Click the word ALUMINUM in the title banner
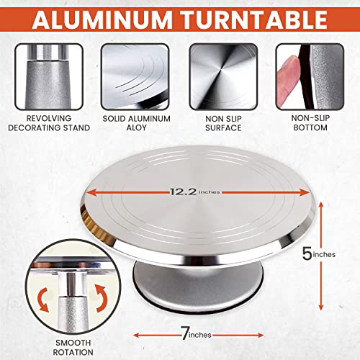click(x=102, y=19)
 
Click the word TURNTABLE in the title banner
click(x=253, y=19)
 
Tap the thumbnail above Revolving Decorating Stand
click(x=49, y=76)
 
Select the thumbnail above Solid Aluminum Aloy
click(x=135, y=76)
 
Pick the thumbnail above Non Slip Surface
click(x=223, y=76)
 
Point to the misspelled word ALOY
click(x=136, y=127)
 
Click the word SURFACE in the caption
click(x=223, y=128)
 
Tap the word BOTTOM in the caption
click(x=310, y=127)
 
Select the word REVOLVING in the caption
click(x=49, y=118)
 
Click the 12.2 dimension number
click(x=184, y=192)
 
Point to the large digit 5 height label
click(x=307, y=253)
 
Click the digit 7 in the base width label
click(x=185, y=333)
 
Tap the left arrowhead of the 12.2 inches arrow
click(x=91, y=192)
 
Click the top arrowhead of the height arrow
click(x=321, y=205)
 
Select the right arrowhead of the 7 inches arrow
click(x=261, y=336)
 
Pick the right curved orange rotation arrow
click(x=101, y=298)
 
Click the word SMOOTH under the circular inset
click(x=73, y=343)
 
